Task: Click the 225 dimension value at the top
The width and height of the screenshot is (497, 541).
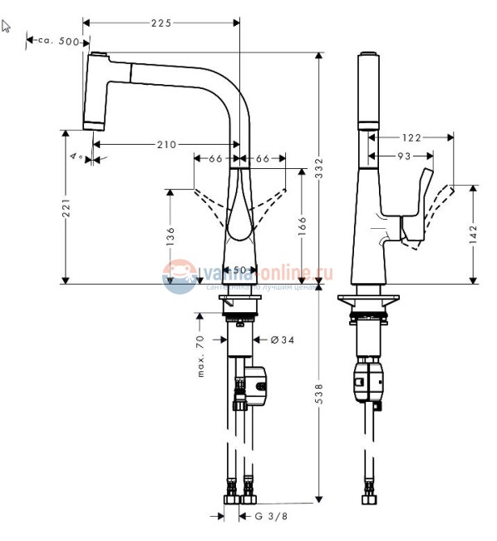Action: pos(161,23)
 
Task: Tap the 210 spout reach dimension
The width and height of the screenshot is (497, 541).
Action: pos(166,145)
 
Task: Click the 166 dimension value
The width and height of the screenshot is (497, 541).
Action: pos(303,226)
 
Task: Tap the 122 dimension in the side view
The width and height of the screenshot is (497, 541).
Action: pos(411,137)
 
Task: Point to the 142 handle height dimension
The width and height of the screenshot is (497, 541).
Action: pos(474,234)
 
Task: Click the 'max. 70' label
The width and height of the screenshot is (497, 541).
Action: pos(201,356)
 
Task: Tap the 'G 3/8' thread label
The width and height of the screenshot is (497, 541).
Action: pos(270,517)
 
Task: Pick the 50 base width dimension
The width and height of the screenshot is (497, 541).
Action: pos(239,270)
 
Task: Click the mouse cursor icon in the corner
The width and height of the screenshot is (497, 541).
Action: pos(7,25)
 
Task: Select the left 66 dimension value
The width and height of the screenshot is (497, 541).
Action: pos(214,158)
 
